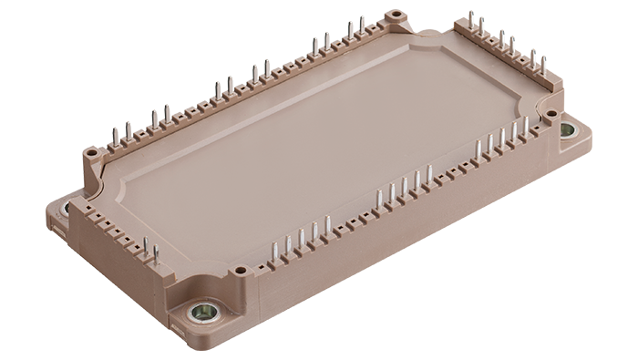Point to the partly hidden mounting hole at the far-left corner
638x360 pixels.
(x=65, y=208)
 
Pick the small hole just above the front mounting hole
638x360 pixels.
(x=240, y=271)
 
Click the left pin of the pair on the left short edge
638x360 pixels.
(x=144, y=246)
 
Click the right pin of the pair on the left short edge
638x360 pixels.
(x=155, y=252)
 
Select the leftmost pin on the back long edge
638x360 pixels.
(x=115, y=137)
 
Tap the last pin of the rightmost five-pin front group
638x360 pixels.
(x=524, y=128)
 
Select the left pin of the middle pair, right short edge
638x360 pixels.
(x=500, y=38)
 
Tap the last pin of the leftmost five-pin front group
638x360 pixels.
(x=327, y=224)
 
